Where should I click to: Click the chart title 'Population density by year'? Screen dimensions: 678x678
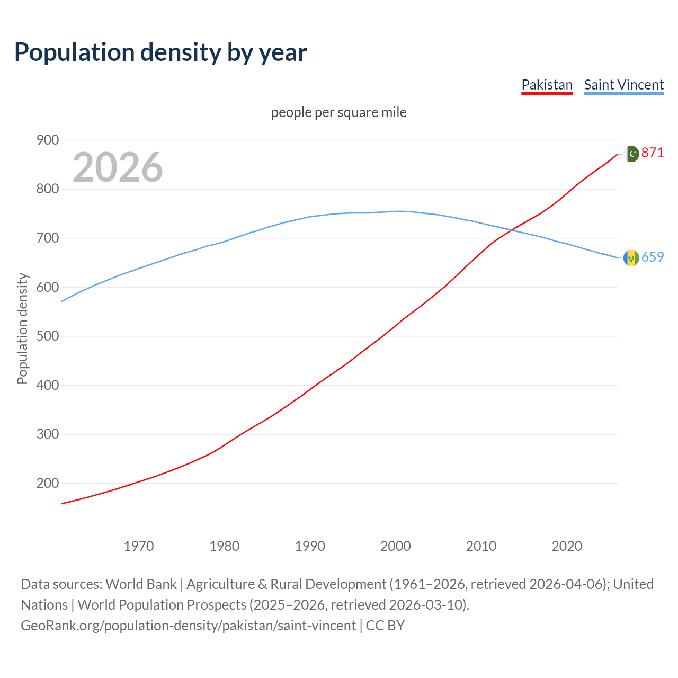[x=160, y=52]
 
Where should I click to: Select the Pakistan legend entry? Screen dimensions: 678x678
[x=547, y=85]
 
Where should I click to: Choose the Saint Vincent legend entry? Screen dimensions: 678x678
[x=623, y=85]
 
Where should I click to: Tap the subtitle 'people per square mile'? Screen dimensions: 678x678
[x=339, y=112]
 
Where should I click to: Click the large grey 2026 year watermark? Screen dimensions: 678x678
[x=118, y=167]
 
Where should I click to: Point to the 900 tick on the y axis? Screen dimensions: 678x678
[x=48, y=140]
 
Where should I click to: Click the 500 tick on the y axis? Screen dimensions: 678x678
[x=48, y=336]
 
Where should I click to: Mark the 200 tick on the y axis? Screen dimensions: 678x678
[x=48, y=483]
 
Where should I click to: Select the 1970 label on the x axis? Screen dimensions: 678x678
[x=139, y=546]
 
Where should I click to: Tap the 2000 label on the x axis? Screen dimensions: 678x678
[x=396, y=546]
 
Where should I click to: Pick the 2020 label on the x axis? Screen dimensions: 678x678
[x=567, y=546]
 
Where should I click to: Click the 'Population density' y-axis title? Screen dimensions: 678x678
[x=22, y=328]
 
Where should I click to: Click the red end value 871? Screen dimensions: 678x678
[x=652, y=153]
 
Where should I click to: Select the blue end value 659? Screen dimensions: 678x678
[x=652, y=257]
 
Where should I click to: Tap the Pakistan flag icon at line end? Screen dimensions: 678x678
[x=631, y=154]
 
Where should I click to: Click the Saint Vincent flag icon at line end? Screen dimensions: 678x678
[x=631, y=258]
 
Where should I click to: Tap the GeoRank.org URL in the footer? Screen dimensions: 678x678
[x=188, y=626]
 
